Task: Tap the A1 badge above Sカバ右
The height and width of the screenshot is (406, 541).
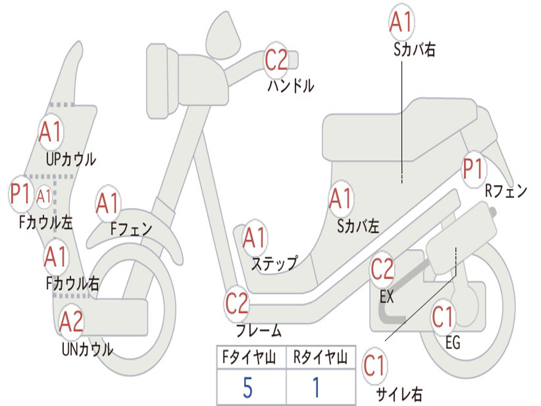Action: (x=402, y=22)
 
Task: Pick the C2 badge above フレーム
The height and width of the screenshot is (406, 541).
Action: (x=237, y=303)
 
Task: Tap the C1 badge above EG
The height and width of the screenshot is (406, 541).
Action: (x=443, y=318)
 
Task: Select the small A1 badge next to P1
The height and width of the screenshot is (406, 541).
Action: (x=44, y=197)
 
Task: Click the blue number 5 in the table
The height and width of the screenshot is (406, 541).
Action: (x=248, y=387)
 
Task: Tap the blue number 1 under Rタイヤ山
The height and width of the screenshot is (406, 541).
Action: (x=316, y=387)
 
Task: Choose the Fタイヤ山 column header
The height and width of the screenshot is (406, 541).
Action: (x=249, y=357)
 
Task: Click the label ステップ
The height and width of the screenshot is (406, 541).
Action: (x=275, y=264)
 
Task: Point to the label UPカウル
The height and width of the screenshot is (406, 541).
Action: (x=71, y=160)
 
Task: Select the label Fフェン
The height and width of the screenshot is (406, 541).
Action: (x=132, y=228)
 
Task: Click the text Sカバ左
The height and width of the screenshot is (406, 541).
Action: (x=358, y=226)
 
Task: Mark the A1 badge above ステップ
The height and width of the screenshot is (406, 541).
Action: (x=255, y=238)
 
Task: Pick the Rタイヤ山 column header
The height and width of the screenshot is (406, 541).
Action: (x=321, y=357)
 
